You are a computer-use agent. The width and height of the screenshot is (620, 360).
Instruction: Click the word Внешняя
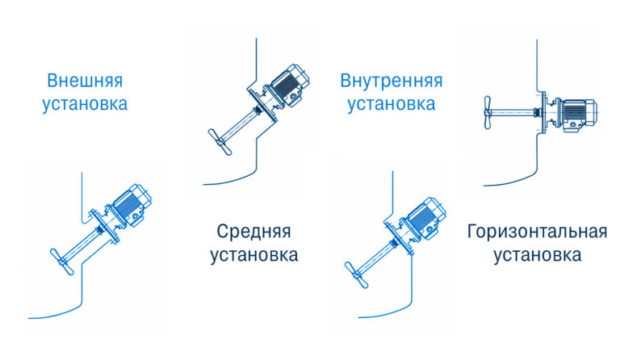(x=85, y=82)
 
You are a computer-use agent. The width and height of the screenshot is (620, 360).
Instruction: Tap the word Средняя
(x=253, y=232)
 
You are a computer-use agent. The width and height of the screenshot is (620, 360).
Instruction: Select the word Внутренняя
(x=391, y=82)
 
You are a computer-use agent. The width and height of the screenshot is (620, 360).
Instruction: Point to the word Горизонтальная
(x=537, y=232)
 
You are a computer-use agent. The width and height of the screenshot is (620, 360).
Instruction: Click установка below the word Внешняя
(x=85, y=104)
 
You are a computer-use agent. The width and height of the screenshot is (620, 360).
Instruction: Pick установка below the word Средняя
(x=253, y=255)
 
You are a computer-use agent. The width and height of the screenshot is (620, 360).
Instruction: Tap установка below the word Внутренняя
(x=391, y=104)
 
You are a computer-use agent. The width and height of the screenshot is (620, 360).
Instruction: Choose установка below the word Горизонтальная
(x=537, y=255)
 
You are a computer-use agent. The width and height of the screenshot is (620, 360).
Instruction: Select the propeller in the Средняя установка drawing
(x=219, y=140)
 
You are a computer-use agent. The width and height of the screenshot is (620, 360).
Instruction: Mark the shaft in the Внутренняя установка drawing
(x=375, y=254)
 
